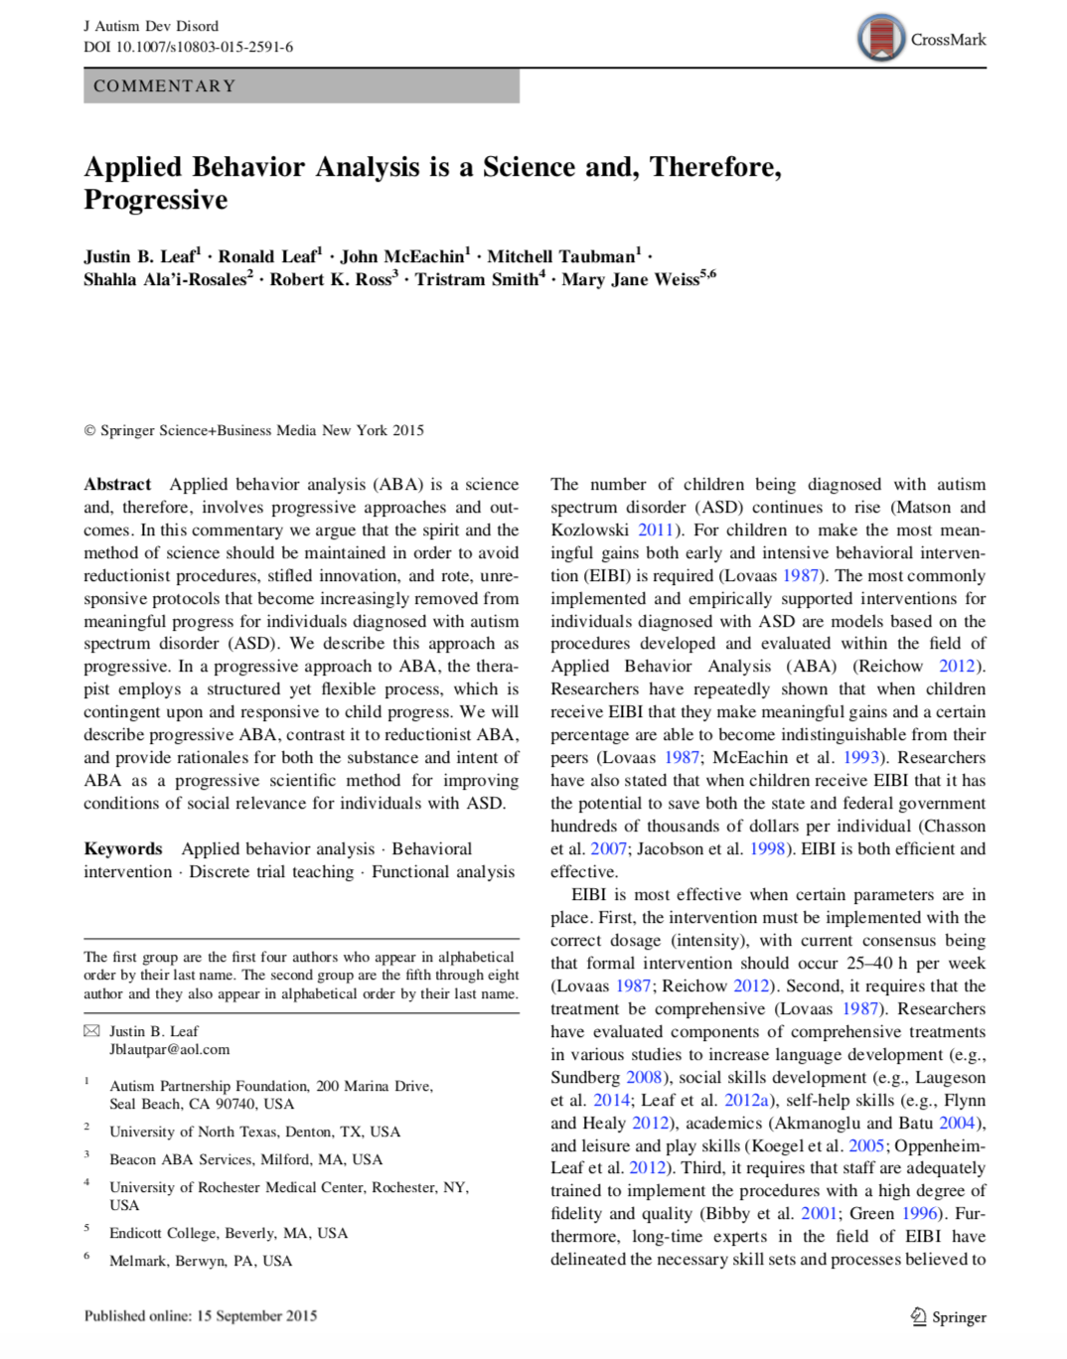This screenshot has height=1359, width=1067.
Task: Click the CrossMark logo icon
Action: [880, 39]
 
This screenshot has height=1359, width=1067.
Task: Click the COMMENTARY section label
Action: [165, 86]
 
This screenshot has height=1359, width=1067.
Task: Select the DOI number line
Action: [188, 47]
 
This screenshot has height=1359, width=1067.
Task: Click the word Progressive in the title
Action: [156, 200]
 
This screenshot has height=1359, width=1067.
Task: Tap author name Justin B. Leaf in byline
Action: [140, 256]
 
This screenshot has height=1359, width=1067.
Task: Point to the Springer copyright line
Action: [254, 430]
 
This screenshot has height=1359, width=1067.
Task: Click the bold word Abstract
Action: [117, 485]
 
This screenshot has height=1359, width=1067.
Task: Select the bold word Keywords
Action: [123, 849]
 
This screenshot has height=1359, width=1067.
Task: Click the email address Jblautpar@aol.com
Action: [170, 1049]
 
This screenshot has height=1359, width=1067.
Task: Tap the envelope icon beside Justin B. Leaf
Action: [91, 1031]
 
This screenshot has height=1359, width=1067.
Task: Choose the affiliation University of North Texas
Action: [254, 1132]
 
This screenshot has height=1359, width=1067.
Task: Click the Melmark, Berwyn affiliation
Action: [201, 1261]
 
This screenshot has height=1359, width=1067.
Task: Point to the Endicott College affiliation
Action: [229, 1233]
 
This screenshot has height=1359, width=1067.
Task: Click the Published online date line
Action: [201, 1316]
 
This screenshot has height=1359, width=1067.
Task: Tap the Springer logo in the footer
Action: [948, 1317]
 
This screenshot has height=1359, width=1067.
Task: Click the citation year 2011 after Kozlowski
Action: [656, 530]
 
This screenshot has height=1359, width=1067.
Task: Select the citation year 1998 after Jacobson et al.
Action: [767, 849]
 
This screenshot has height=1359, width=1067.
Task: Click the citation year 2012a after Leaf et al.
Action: [748, 1101]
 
